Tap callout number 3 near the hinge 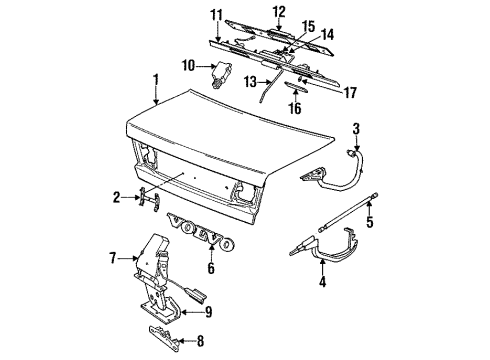point(356,128)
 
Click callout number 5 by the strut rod point(368,222)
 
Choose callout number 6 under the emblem point(211,268)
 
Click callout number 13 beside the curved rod point(251,81)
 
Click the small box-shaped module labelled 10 point(221,71)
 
